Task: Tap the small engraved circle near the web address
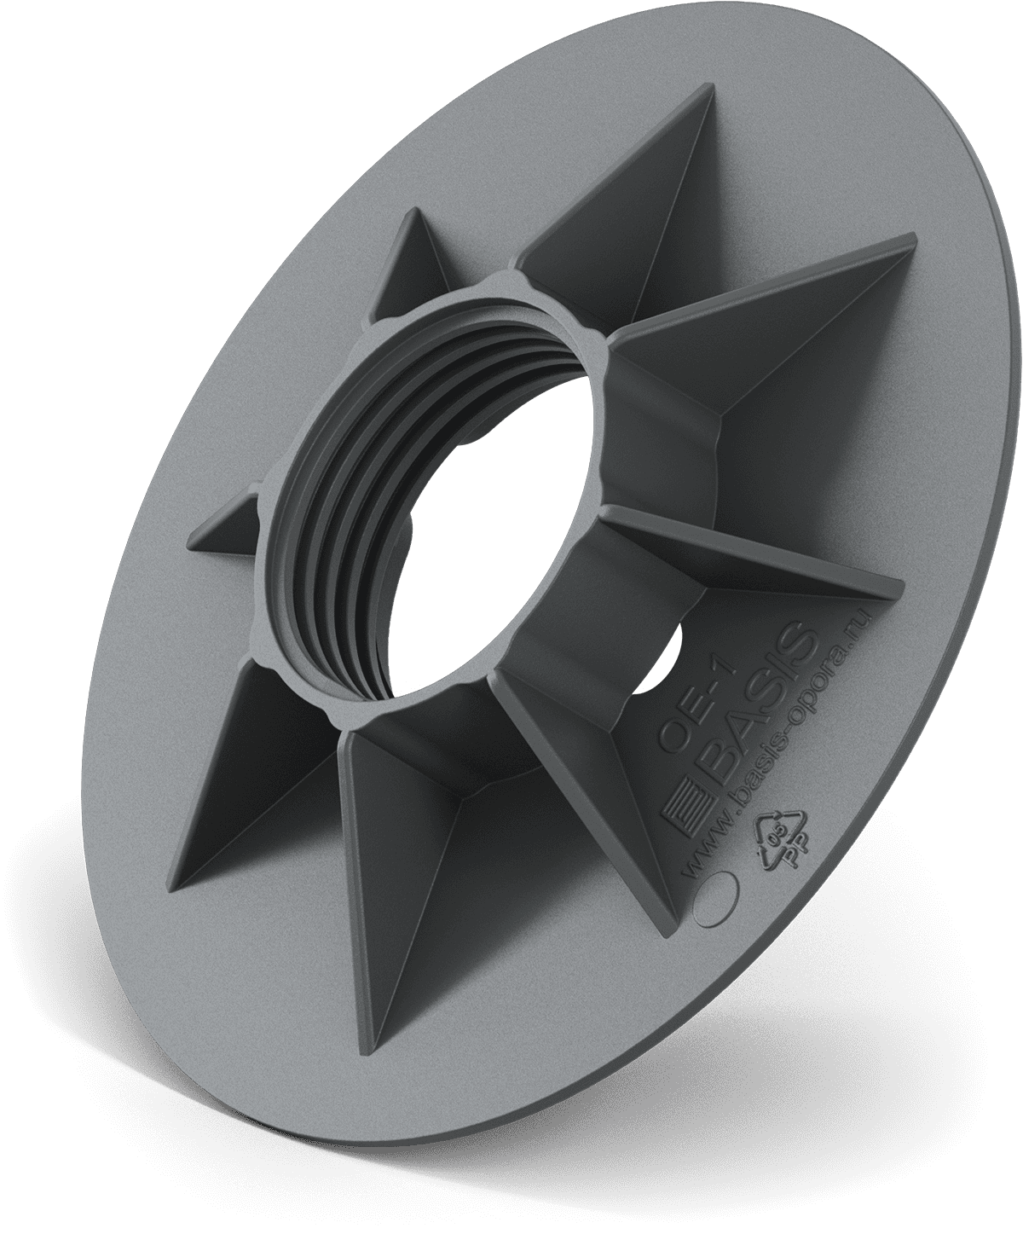coord(713,899)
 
